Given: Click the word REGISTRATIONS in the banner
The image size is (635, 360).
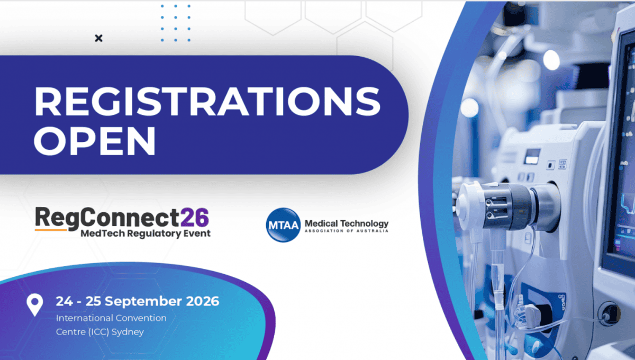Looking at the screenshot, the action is (x=207, y=101).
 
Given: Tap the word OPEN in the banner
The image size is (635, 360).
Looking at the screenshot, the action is (x=95, y=141).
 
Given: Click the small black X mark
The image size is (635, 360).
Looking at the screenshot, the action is (x=98, y=38).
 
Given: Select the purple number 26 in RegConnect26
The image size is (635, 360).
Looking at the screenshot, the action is (x=195, y=218).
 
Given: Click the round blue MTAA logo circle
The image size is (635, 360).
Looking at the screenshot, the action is (x=283, y=225).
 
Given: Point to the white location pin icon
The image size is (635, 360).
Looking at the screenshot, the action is (x=34, y=305).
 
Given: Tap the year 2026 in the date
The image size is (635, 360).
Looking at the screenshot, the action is (x=202, y=301).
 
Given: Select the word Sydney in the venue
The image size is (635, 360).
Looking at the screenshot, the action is (x=128, y=332).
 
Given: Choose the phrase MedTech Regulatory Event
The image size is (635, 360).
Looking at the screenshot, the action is (x=146, y=233).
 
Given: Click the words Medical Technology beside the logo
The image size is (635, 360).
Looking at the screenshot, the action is (x=347, y=224).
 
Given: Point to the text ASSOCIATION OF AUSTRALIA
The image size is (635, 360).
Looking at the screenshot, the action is (x=347, y=231).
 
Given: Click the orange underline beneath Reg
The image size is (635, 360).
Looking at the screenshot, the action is (x=51, y=230).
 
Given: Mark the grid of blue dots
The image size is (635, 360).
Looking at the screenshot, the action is (x=176, y=23).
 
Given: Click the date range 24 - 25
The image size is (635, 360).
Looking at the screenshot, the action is (x=78, y=301).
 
